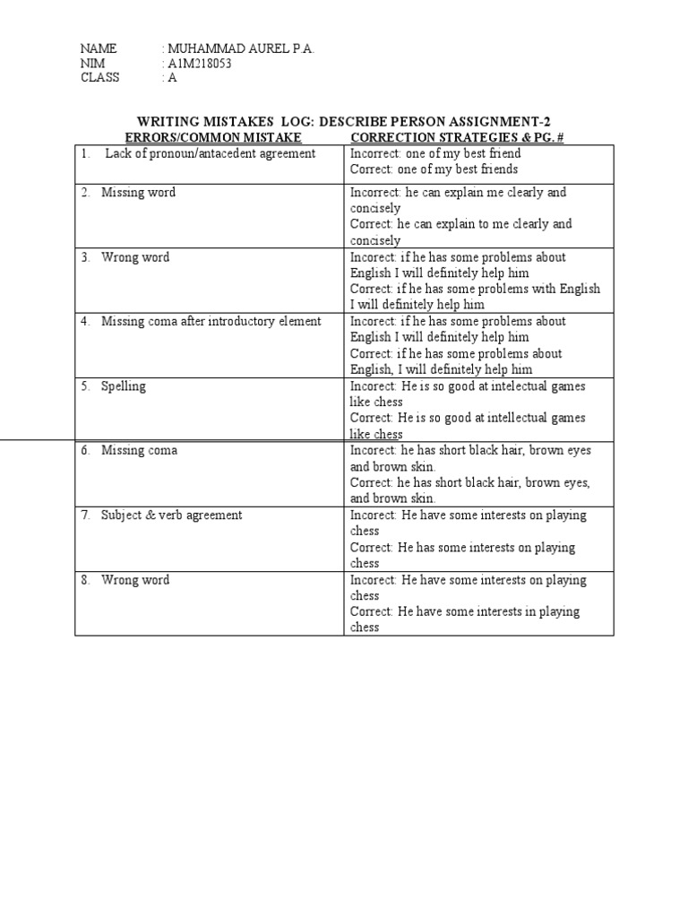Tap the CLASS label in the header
[x=99, y=77]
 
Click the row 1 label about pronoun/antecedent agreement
[x=210, y=153]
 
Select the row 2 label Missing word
[x=138, y=193]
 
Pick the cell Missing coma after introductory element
[x=211, y=322]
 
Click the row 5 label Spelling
[x=124, y=386]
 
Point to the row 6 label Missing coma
[x=139, y=451]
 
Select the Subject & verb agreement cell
[x=171, y=515]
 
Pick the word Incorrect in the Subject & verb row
[x=372, y=515]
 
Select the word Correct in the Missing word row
[x=370, y=224]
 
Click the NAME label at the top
[x=98, y=48]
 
